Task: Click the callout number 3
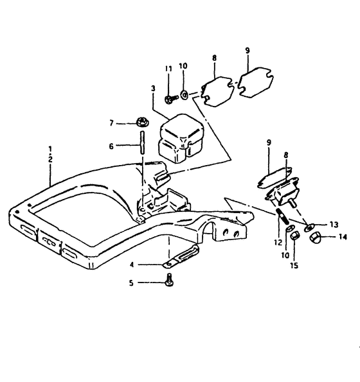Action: (153, 89)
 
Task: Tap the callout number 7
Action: (111, 123)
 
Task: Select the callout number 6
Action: (111, 146)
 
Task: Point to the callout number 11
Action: (168, 69)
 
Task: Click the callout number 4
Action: (132, 265)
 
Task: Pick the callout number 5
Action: (131, 283)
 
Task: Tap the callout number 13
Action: (334, 224)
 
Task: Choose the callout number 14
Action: (343, 236)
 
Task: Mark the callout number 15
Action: (294, 265)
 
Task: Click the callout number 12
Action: (278, 243)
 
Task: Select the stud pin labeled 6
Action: (142, 143)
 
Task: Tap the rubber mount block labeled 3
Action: (181, 139)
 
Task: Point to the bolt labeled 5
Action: (169, 280)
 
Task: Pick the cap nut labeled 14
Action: (315, 237)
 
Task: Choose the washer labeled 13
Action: (309, 227)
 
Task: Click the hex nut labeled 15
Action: (294, 235)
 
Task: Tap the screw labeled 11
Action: (171, 99)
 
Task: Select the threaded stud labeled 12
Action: (282, 216)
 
